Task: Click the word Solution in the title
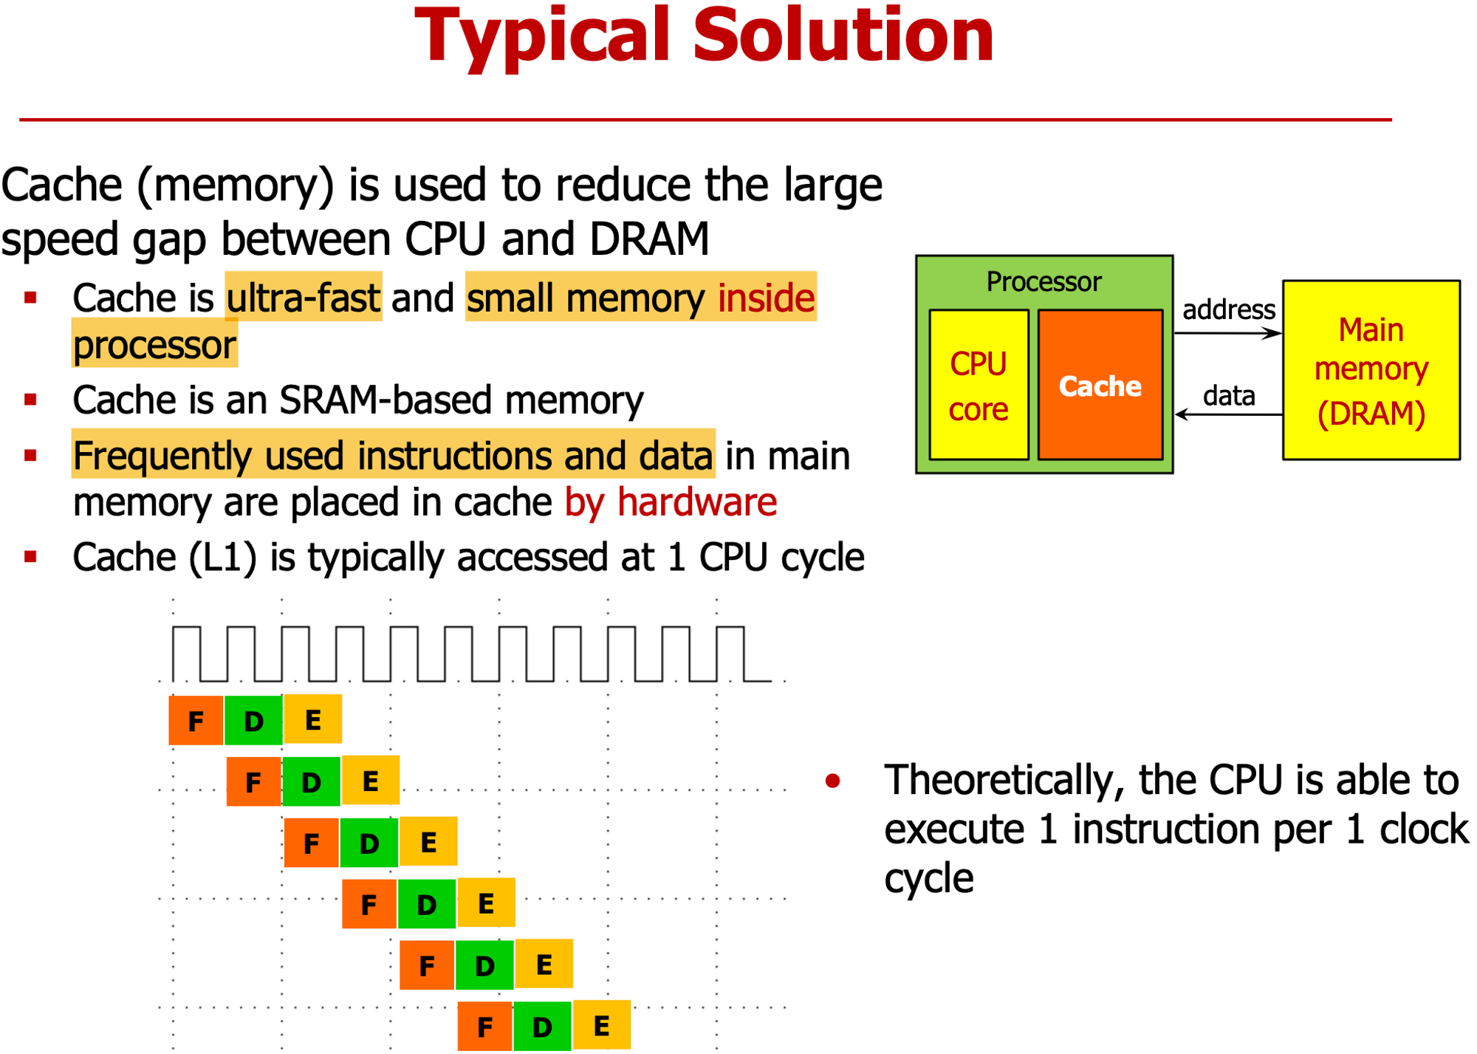coord(843,35)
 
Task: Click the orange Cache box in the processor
coord(1100,385)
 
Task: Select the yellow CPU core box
coord(979,385)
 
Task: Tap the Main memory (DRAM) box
coord(1371,370)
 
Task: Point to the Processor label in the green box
coord(1044,281)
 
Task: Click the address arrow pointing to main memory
coord(1227,334)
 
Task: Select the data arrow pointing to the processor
coord(1227,414)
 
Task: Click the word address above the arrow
coord(1228,309)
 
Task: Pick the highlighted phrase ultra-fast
coord(304,298)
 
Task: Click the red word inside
coord(766,298)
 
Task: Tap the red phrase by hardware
coord(671,502)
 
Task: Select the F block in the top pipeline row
coord(196,720)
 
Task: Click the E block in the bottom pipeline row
coord(602,1025)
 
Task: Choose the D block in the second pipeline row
coord(311,781)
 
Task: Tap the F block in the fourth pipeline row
coord(369,903)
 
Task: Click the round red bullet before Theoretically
coord(833,781)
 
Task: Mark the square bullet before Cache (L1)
coord(30,556)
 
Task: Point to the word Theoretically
coord(1004,779)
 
